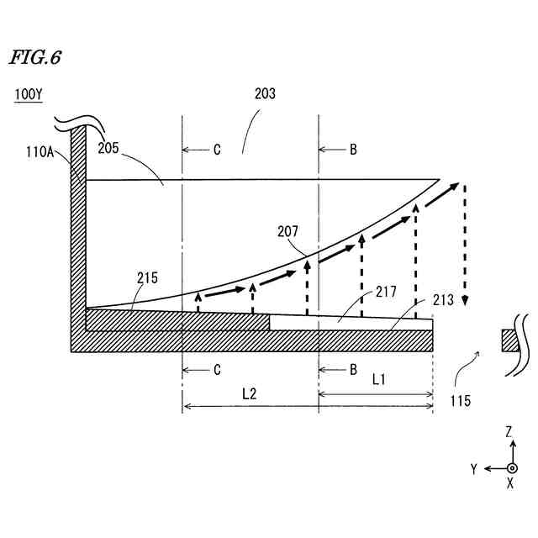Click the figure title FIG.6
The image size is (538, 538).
34,58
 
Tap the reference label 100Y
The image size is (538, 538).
27,95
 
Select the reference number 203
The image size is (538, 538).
264,94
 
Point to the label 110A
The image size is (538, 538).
40,152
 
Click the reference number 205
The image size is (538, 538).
108,148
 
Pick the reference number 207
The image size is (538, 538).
286,230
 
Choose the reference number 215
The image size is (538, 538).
146,277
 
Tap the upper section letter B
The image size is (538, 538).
353,150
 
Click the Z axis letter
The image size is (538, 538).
509,431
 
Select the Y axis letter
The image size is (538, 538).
474,468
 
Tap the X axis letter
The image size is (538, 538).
510,485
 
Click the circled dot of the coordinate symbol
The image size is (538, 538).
511,467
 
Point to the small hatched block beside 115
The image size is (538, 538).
511,340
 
